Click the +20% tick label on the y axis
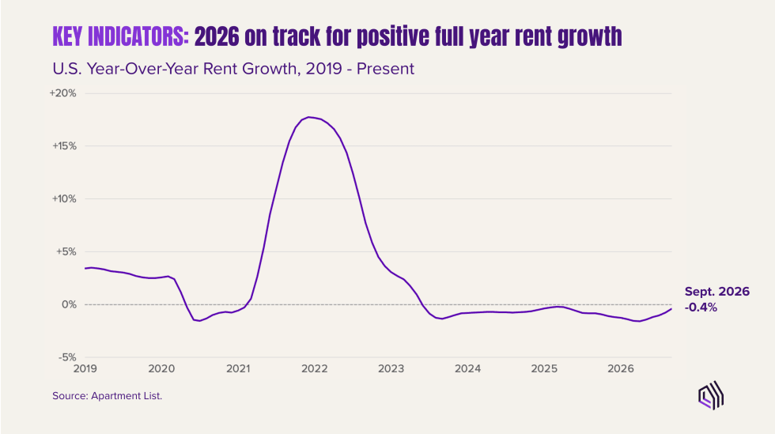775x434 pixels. [62, 93]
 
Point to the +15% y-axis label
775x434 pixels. [64, 145]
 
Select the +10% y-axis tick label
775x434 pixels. [64, 198]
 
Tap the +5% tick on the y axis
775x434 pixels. [66, 251]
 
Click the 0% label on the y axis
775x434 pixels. [70, 304]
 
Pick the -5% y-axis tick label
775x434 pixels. [68, 357]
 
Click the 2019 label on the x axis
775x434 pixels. [85, 368]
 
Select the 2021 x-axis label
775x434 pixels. [238, 368]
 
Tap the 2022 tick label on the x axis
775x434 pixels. [315, 368]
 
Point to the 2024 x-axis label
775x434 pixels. [467, 368]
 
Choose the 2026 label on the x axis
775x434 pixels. [621, 368]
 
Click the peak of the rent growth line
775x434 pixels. [309, 117]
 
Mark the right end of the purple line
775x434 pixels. [671, 309]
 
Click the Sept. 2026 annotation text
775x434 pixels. [717, 292]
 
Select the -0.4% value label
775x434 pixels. [701, 308]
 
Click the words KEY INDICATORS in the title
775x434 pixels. [120, 36]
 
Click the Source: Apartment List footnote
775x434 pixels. [108, 396]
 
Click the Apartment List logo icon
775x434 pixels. [711, 395]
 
